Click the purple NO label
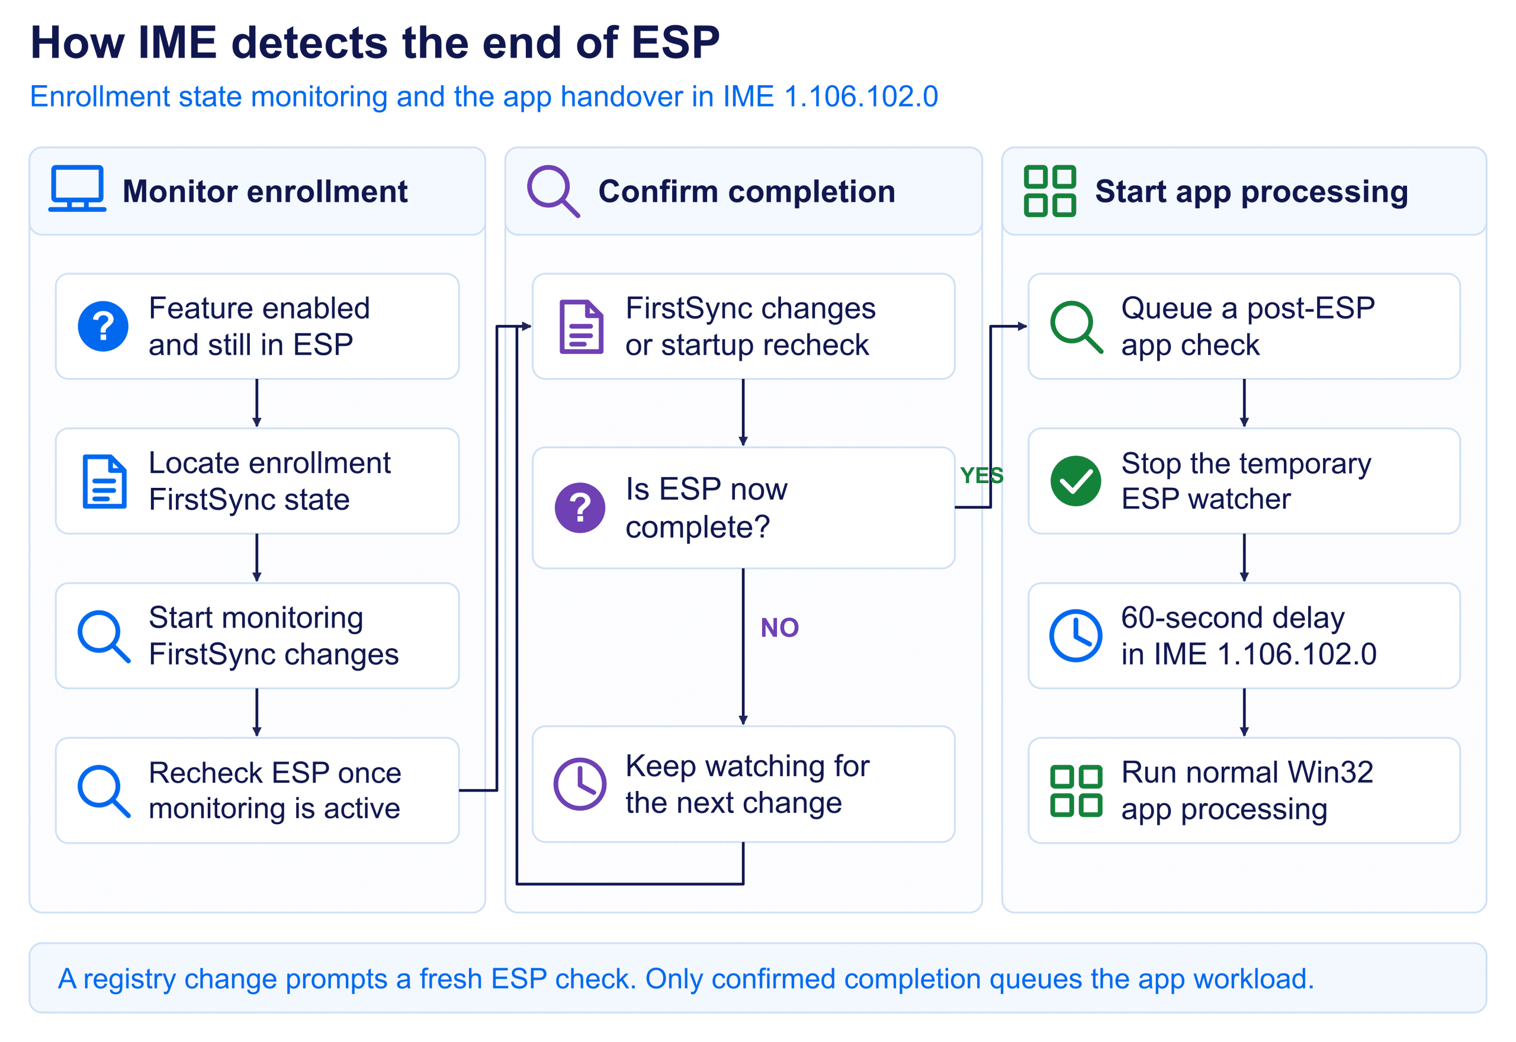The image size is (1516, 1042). pyautogui.click(x=779, y=628)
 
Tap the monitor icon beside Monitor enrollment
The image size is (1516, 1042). pyautogui.click(x=77, y=189)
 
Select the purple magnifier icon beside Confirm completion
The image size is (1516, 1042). pyautogui.click(x=553, y=191)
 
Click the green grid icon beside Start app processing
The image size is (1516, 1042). pyautogui.click(x=1049, y=191)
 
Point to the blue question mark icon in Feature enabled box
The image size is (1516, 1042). pyautogui.click(x=103, y=326)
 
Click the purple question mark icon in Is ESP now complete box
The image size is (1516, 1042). pyautogui.click(x=580, y=508)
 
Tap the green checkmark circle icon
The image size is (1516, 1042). pyautogui.click(x=1075, y=481)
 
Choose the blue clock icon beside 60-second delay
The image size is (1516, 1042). pyautogui.click(x=1075, y=636)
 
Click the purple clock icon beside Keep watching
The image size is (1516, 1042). pyautogui.click(x=580, y=784)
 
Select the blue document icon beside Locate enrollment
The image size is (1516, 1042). pyautogui.click(x=104, y=481)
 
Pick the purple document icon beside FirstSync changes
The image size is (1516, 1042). pyautogui.click(x=581, y=326)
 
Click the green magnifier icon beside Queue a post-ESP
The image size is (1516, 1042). pyautogui.click(x=1076, y=327)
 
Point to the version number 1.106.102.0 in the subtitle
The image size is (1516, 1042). pyautogui.click(x=860, y=97)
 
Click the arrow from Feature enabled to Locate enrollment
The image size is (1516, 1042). pyautogui.click(x=256, y=403)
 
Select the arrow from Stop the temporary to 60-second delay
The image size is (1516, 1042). pyautogui.click(x=1244, y=558)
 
